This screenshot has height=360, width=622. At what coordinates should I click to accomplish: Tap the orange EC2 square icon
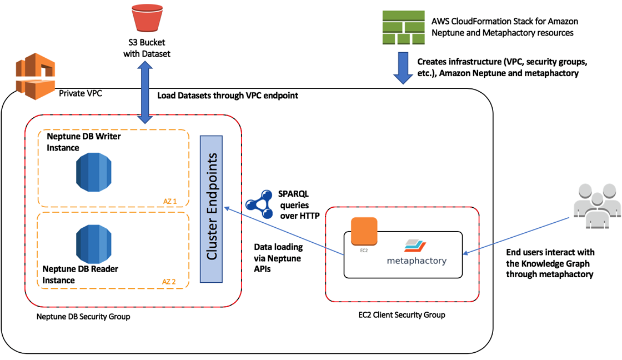coord(364,231)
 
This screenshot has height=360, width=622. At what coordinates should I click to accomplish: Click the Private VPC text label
coord(81,93)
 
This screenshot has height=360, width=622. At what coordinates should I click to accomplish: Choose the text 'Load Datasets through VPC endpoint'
coord(228,96)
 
